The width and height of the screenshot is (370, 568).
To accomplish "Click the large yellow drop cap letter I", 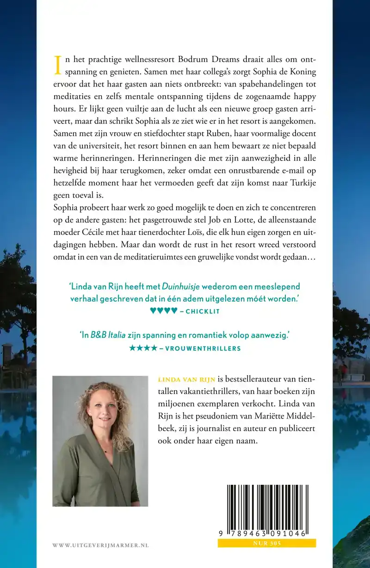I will [58, 65].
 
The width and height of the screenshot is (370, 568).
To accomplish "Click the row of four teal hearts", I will [164, 311].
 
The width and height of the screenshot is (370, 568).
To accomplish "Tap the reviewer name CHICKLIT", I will [203, 312].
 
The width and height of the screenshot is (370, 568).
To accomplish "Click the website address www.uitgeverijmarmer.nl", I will [100, 546].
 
